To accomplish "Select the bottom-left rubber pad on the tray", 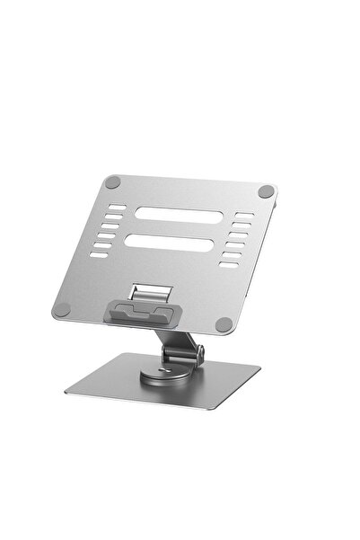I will click(x=62, y=308).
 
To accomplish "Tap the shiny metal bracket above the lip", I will click(x=152, y=294).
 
